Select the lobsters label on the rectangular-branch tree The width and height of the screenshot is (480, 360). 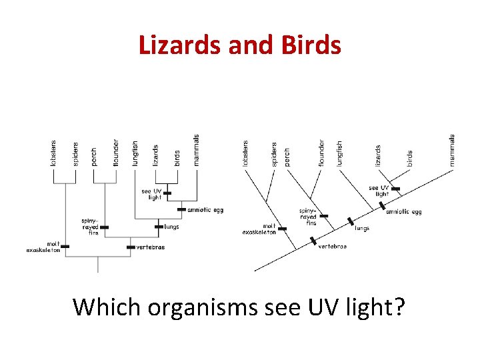coord(53,153)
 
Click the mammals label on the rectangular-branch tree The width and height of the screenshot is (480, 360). coord(197,150)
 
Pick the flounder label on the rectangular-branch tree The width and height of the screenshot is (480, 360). coord(115,153)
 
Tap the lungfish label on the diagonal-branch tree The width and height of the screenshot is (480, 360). coord(339,153)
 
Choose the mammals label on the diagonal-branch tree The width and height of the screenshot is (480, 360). coord(452,150)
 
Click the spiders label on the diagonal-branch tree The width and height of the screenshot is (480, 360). coord(274,154)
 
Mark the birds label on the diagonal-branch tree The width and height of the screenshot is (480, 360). coord(409,158)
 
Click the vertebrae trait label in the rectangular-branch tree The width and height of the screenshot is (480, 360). coord(150,247)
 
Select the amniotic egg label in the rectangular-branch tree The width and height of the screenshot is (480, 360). coord(205,209)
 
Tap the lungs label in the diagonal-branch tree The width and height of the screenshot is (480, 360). coord(362,229)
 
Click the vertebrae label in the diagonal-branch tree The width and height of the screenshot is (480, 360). coord(332,247)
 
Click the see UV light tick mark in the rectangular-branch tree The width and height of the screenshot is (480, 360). coord(167,194)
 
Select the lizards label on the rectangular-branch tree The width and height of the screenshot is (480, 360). coord(155,155)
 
